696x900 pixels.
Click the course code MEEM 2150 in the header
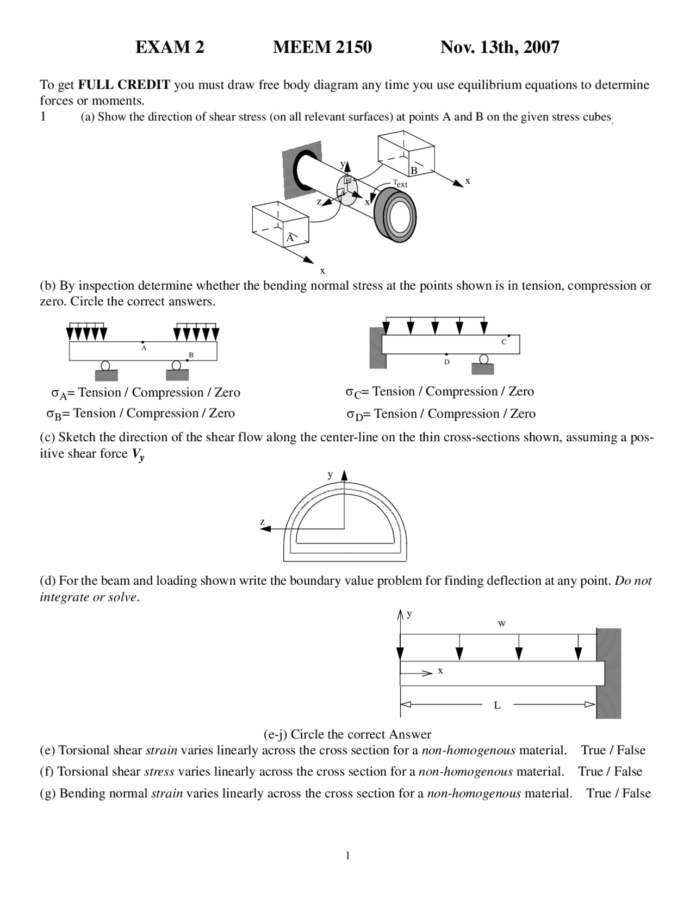322,47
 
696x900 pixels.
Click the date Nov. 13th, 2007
499,47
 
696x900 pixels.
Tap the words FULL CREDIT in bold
124,85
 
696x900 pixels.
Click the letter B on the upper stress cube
414,171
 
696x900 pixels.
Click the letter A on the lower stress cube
290,238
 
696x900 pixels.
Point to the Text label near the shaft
400,184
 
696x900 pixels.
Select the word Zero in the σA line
227,392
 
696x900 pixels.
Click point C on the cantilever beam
508,336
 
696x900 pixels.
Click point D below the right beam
446,355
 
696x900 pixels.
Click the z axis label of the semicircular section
263,522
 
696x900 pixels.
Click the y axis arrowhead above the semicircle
344,476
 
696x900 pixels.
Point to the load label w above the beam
502,623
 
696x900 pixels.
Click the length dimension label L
497,705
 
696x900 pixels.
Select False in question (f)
628,772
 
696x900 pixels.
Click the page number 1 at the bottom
347,856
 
